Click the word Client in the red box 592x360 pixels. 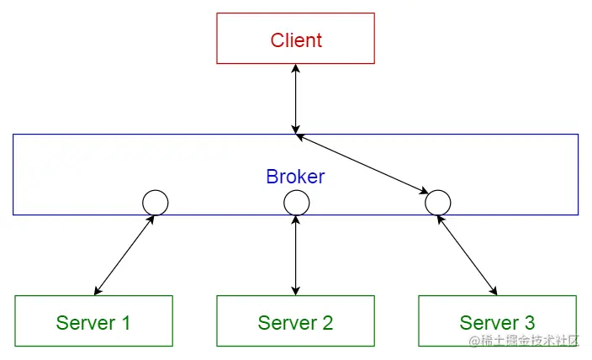[296, 40]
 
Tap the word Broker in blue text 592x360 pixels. [295, 177]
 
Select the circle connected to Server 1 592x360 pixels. [156, 203]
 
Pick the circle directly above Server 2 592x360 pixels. [296, 203]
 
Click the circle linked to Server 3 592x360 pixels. [437, 203]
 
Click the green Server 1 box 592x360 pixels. [93, 320]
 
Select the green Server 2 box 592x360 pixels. [295, 320]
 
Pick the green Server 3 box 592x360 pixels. [497, 320]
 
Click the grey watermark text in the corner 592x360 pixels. [525, 341]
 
